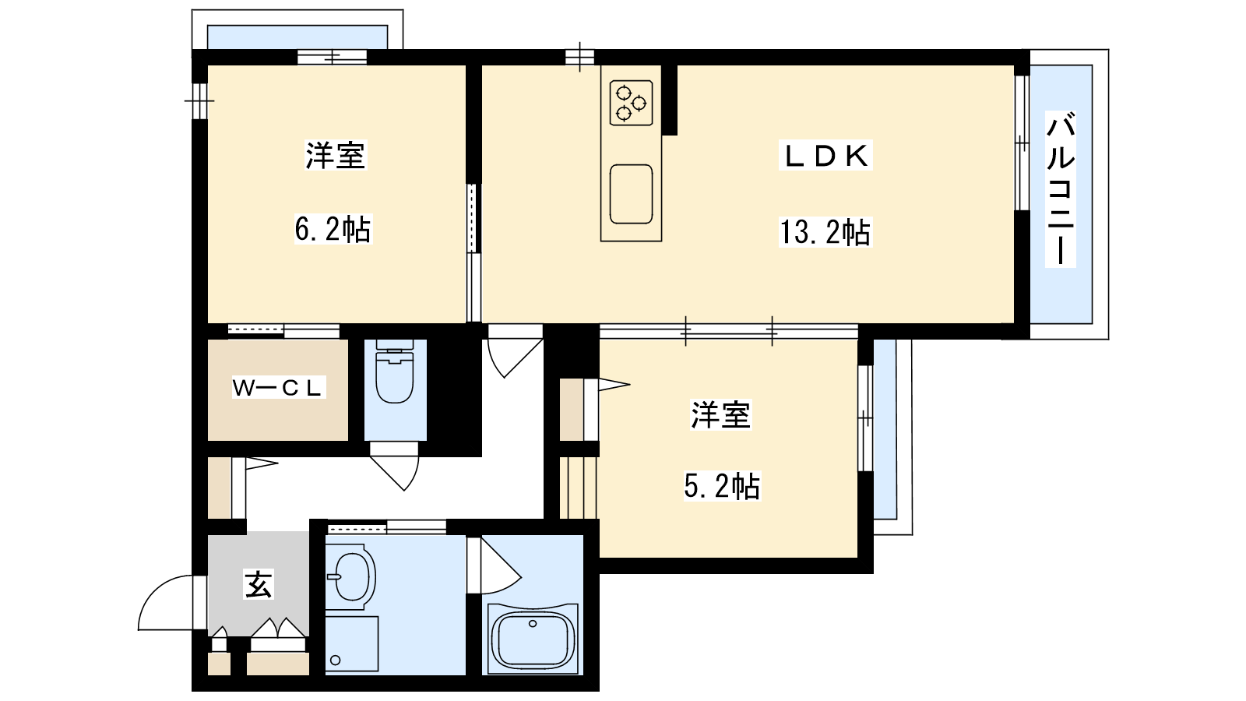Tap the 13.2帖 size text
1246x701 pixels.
pyautogui.click(x=825, y=232)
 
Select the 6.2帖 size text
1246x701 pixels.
pyautogui.click(x=333, y=229)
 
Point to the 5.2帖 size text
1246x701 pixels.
pyautogui.click(x=721, y=486)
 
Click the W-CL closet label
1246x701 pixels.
pyautogui.click(x=277, y=388)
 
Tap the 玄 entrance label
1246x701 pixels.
pyautogui.click(x=259, y=584)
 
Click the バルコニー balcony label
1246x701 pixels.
pyautogui.click(x=1060, y=189)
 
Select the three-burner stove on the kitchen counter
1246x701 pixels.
pyautogui.click(x=631, y=103)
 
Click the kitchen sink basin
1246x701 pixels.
pyautogui.click(x=631, y=194)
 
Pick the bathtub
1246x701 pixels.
pyautogui.click(x=533, y=639)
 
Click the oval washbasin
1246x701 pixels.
pyautogui.click(x=351, y=576)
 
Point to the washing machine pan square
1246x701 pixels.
pyautogui.click(x=351, y=643)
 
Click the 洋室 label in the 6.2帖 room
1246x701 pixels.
pyautogui.click(x=336, y=155)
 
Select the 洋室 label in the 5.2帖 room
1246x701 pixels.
pyautogui.click(x=721, y=414)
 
